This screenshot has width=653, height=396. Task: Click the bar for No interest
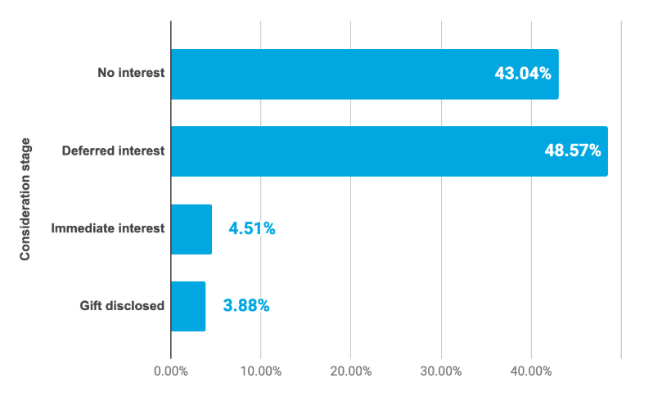coord(327,74)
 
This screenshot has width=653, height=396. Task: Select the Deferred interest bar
coord(352,151)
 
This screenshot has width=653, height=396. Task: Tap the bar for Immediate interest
coord(191,229)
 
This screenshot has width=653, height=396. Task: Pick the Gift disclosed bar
coord(188,307)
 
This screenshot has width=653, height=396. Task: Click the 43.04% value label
coord(522,74)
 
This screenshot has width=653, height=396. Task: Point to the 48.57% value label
coord(572,151)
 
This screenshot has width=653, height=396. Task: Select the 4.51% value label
coord(252,229)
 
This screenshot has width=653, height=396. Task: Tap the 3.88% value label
coord(246,307)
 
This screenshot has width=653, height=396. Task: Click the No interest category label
coord(131,73)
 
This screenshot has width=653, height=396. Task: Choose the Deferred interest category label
coord(114,151)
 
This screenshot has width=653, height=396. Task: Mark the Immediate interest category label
coord(108,228)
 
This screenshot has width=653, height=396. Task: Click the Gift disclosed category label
coord(122,306)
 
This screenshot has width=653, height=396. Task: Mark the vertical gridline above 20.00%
coord(351,196)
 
